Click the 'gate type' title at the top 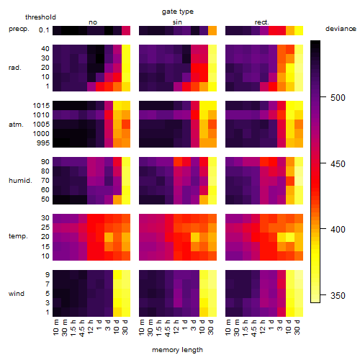pos(178,12)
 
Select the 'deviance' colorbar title pos(341,29)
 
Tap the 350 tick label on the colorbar pos(338,295)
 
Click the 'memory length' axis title pos(177,350)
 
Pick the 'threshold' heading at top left pos(40,17)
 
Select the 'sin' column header pos(177,22)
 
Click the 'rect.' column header pos(261,22)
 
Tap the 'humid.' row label pos(20,181)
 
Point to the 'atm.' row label pos(16,125)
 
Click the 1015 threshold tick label pos(41,106)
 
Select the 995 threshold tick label pos(43,143)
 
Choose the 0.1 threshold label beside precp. pos(44,30)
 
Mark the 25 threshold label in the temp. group pos(45,227)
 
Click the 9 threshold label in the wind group pos(48,274)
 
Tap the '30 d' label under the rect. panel pos(297,327)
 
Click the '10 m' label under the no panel pos(55,327)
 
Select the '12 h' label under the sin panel pos(176,327)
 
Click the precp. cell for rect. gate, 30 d pos(299,30)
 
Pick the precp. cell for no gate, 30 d pos(126,30)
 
